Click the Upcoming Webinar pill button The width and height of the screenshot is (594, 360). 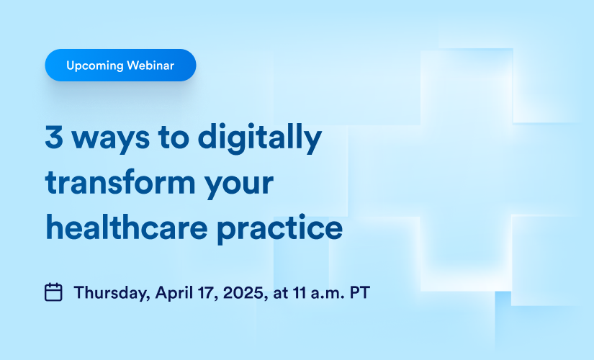(x=120, y=66)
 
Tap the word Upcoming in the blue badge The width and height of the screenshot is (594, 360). (x=95, y=66)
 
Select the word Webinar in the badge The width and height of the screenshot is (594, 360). (x=150, y=66)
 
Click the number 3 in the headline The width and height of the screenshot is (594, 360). (x=54, y=136)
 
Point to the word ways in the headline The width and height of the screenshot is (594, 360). (x=111, y=140)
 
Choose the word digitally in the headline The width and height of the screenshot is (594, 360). (x=259, y=138)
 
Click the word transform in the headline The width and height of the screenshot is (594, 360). (x=120, y=183)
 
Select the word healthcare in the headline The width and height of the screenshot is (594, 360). (x=127, y=228)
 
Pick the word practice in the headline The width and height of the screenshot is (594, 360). (x=279, y=229)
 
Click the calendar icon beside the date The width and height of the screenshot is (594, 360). (x=53, y=292)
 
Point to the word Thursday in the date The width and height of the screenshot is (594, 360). (x=112, y=293)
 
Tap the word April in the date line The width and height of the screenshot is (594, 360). (x=174, y=293)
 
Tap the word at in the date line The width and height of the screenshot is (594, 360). (x=280, y=293)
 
